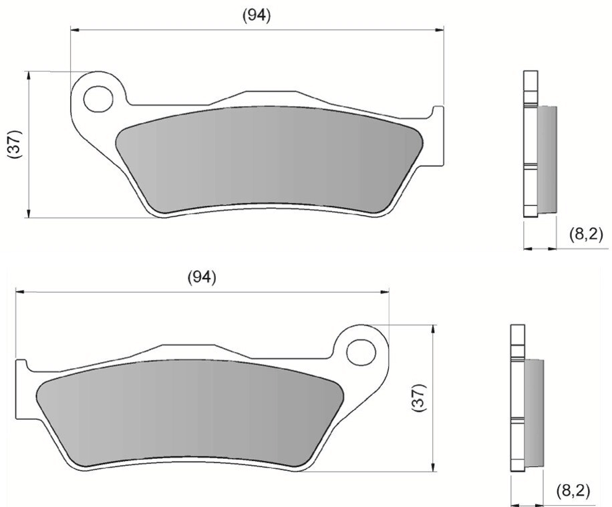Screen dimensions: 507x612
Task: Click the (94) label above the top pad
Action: tap(257, 15)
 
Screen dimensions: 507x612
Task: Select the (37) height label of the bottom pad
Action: tap(420, 398)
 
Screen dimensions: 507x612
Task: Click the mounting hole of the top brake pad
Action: tap(98, 98)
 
